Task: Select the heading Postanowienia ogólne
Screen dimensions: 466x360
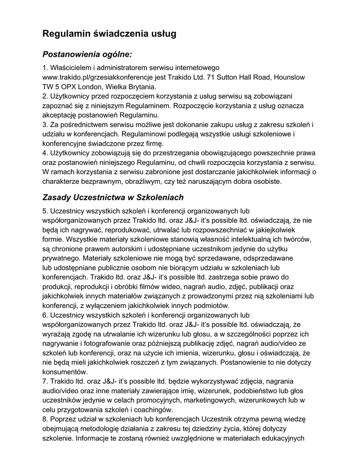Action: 87,55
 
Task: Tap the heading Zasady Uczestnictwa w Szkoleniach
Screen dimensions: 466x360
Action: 113,198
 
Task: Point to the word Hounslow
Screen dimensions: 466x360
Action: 289,77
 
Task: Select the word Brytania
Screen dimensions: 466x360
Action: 142,86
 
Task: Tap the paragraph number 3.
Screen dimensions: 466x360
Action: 45,124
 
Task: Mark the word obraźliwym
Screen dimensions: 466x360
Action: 147,181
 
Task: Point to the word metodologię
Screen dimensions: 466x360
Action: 108,429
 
